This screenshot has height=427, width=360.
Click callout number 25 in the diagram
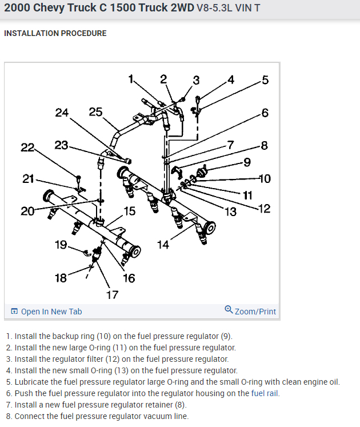point(95,112)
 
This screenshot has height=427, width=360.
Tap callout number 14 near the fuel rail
point(163,245)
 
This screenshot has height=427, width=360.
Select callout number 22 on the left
point(27,148)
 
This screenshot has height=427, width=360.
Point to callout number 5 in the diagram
point(265,79)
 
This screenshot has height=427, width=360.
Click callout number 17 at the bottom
point(112,294)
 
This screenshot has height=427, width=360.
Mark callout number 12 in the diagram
point(264,209)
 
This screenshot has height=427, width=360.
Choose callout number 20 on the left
point(27,211)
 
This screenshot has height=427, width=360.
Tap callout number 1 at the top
point(131,79)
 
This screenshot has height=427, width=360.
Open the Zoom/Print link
point(255,312)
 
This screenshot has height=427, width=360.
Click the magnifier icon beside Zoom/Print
point(229,310)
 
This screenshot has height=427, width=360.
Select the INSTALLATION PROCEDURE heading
point(55,33)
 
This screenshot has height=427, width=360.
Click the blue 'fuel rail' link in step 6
point(266,393)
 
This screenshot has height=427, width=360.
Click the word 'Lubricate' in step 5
point(32,382)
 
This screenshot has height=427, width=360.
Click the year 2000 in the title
point(17,9)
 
